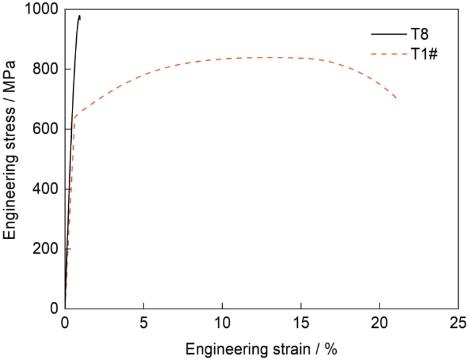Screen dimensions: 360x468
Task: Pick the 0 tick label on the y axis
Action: (54, 309)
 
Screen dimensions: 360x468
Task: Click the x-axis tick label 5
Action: (144, 324)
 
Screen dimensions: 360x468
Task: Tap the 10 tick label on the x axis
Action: (222, 324)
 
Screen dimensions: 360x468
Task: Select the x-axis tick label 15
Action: (300, 324)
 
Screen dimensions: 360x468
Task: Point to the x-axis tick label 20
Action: (379, 324)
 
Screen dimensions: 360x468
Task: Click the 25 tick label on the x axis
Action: (457, 324)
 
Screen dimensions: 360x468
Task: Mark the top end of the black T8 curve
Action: (79, 16)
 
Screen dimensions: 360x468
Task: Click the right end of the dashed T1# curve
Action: (396, 98)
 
